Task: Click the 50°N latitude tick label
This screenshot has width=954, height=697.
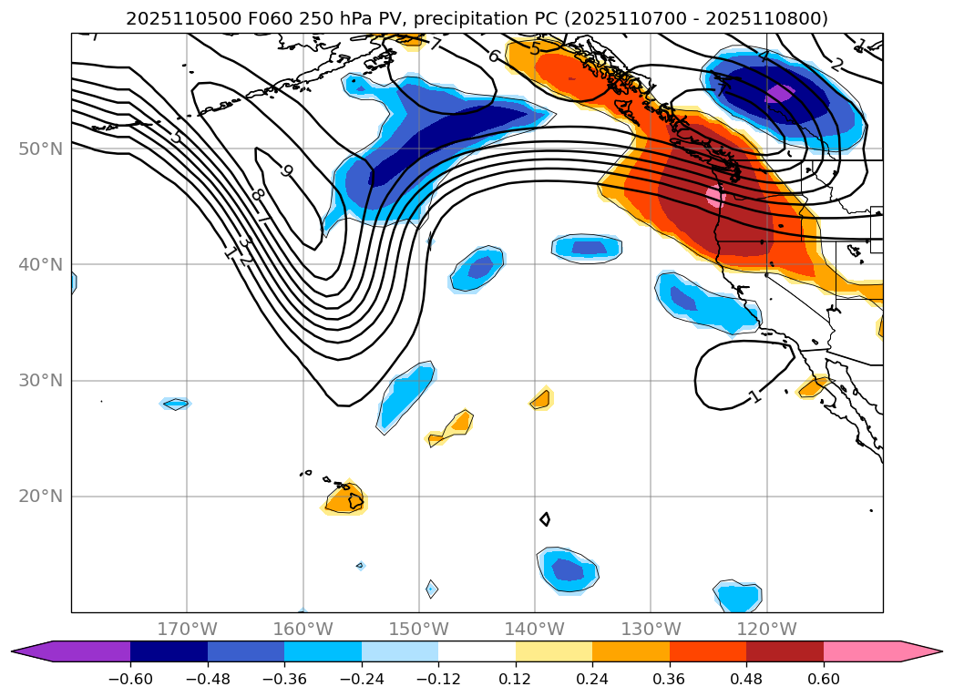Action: (x=40, y=149)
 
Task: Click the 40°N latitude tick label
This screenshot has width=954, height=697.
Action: (x=40, y=264)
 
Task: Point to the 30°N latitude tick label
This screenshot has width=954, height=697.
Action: (x=40, y=381)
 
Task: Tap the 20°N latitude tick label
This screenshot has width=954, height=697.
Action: (x=40, y=497)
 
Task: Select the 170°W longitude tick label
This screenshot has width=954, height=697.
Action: (x=187, y=629)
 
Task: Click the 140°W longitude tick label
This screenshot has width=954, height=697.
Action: (x=534, y=629)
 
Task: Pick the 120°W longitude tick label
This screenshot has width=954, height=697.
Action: (x=765, y=629)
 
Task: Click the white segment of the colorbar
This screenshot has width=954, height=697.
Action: (x=477, y=651)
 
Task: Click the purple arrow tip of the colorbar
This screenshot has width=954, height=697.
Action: (x=32, y=651)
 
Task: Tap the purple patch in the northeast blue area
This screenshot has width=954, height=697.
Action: (x=779, y=93)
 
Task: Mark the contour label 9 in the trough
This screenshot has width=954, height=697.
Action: (x=286, y=170)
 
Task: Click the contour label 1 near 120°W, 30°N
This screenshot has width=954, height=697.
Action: (x=754, y=396)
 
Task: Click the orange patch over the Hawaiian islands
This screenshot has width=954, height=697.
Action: (x=345, y=498)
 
